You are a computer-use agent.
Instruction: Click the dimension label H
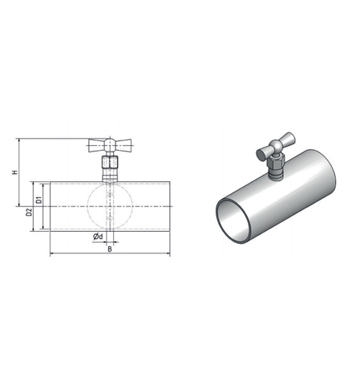click(x=15, y=172)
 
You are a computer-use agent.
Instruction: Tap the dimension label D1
click(x=39, y=200)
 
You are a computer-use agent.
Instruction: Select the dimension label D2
click(x=29, y=212)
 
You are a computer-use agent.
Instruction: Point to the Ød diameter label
click(x=98, y=237)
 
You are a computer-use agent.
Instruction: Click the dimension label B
click(x=110, y=249)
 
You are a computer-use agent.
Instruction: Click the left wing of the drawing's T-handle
click(x=96, y=145)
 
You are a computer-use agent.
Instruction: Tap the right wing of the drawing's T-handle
click(x=123, y=145)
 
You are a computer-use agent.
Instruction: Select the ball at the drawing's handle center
click(x=110, y=145)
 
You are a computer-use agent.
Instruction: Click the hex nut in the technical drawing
click(x=110, y=163)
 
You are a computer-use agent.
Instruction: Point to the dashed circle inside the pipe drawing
click(x=87, y=206)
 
